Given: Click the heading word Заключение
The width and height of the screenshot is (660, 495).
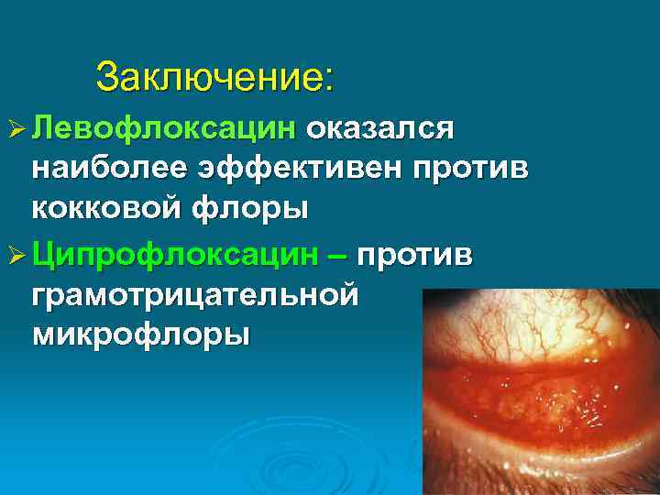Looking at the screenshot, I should [x=210, y=76].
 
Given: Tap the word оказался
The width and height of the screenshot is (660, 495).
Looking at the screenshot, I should [x=379, y=129].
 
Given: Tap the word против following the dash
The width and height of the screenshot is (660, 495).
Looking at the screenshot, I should [x=416, y=256].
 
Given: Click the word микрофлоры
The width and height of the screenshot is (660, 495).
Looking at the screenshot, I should [x=140, y=334].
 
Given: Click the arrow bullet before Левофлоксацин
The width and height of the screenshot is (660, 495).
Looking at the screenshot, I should [x=16, y=130].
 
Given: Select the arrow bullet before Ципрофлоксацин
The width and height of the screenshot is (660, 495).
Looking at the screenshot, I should [x=16, y=257].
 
